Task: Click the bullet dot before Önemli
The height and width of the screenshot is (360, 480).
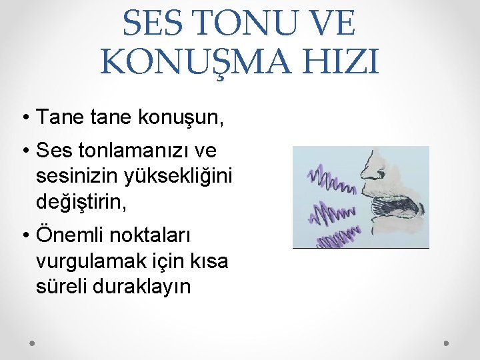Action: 25,238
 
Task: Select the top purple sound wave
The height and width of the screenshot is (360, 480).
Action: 330,179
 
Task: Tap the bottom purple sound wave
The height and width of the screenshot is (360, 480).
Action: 337,237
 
